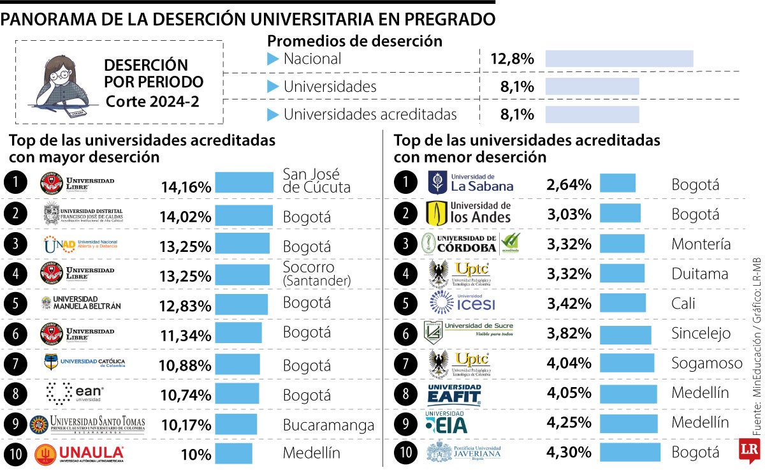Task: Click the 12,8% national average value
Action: click(x=512, y=59)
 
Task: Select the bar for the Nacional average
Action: click(x=618, y=59)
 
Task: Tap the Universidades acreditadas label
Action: click(x=370, y=114)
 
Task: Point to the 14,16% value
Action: click(x=186, y=187)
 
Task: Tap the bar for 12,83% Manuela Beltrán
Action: click(x=241, y=305)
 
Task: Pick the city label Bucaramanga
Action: click(x=328, y=425)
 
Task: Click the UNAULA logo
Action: click(x=80, y=453)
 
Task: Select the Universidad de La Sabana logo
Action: click(x=470, y=182)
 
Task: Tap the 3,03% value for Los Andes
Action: click(x=569, y=214)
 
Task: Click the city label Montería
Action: click(x=701, y=244)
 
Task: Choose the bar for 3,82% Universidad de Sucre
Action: click(x=625, y=334)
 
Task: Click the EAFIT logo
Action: click(x=454, y=395)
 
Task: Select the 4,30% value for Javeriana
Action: click(x=569, y=453)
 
